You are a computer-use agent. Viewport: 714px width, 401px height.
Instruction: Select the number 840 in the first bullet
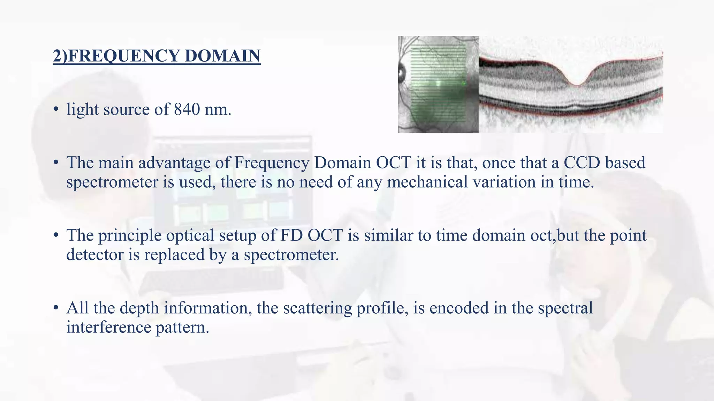click(187, 109)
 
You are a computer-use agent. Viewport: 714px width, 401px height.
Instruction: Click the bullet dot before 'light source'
click(56, 110)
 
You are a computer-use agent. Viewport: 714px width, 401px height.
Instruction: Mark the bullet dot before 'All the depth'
click(56, 308)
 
